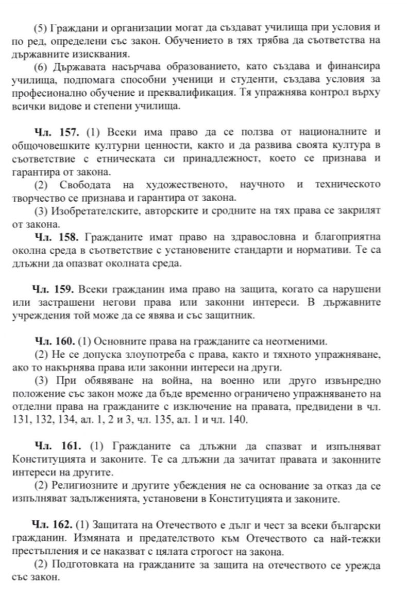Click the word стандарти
(x=268, y=251)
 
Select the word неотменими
(x=296, y=342)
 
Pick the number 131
(x=20, y=420)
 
